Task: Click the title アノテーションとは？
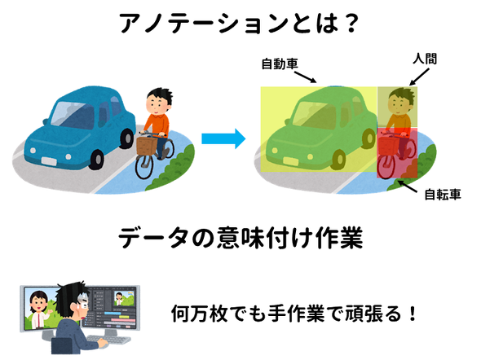click(x=239, y=24)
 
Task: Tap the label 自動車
click(x=280, y=64)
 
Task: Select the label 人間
click(x=425, y=59)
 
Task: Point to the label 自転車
click(x=443, y=194)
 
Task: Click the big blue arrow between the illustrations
click(x=223, y=138)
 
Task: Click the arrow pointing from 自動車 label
click(x=305, y=77)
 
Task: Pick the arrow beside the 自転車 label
click(x=408, y=187)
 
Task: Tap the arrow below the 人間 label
click(x=419, y=77)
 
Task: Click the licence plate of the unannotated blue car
click(x=49, y=161)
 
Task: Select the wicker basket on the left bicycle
click(x=147, y=146)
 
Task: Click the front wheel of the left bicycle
click(x=143, y=167)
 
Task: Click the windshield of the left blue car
click(x=73, y=115)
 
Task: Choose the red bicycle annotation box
click(x=397, y=153)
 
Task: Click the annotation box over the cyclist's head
click(x=397, y=108)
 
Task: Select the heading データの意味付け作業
click(x=240, y=238)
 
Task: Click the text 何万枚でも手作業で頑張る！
click(x=293, y=314)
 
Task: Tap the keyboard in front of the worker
click(x=108, y=340)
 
